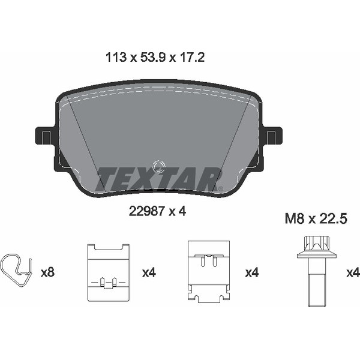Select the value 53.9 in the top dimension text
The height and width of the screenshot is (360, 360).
click(151, 58)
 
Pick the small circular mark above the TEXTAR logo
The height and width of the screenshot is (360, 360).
click(159, 166)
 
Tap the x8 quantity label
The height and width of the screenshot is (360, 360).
click(47, 272)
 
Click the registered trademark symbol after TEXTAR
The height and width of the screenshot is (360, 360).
click(220, 189)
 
